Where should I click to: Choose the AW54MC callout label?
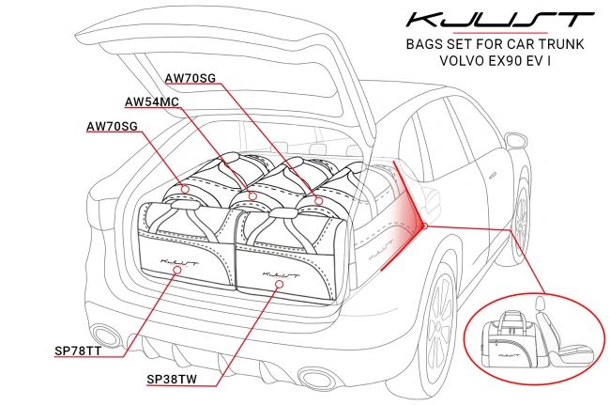[x=151, y=101]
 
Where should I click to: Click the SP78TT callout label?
[x=80, y=351]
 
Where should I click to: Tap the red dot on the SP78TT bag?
[x=178, y=269]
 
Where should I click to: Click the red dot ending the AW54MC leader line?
[x=252, y=195]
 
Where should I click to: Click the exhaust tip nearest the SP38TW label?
[x=315, y=378]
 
